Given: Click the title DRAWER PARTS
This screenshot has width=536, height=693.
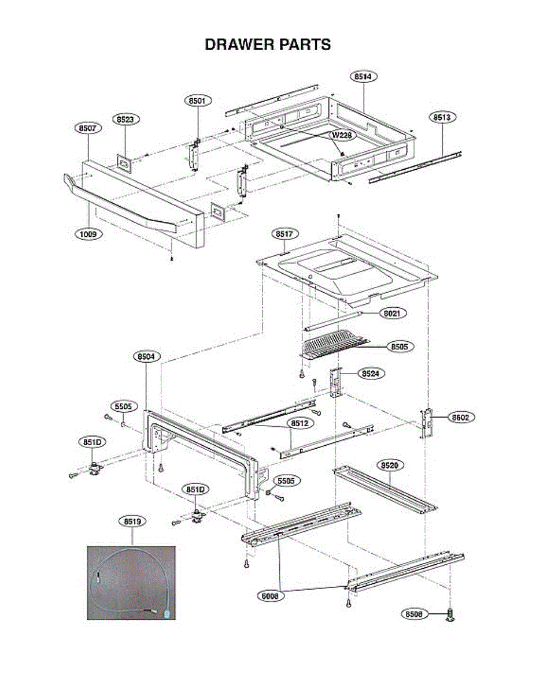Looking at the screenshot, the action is coord(268,44).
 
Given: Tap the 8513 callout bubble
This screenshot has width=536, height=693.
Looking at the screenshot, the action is coord(443,117).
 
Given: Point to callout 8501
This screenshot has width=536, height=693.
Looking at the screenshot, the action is coord(198,100).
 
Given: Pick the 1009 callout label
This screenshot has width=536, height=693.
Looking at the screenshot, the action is coord(88,234).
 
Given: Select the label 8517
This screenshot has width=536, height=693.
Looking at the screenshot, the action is coord(284,234).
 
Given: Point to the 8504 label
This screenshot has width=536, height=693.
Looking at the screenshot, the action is coord(146,357).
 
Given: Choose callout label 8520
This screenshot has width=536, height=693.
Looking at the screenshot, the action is coord(390,465).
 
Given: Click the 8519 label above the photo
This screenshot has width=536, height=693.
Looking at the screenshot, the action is coord(132,521).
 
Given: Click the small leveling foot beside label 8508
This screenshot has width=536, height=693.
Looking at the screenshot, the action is coord(450,616).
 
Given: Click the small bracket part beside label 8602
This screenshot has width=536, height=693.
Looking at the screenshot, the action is coord(428,422).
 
